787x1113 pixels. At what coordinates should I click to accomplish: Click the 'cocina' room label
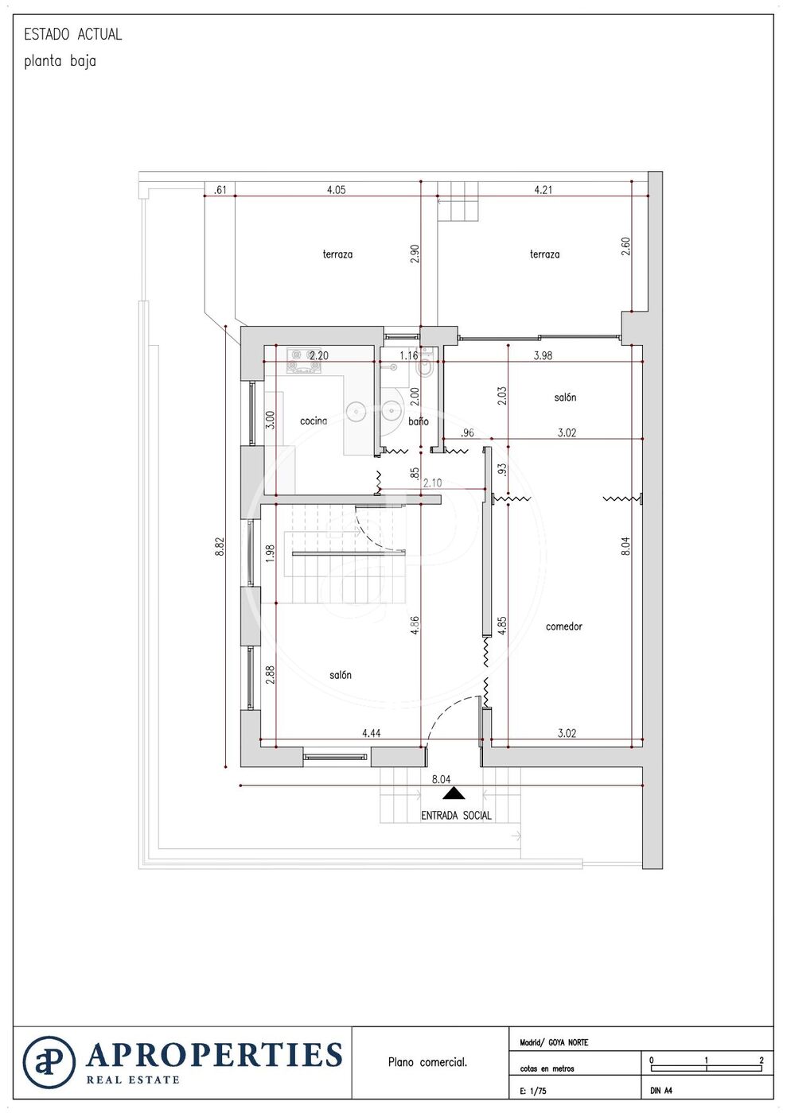(314, 421)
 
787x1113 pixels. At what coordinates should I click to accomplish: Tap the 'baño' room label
(419, 421)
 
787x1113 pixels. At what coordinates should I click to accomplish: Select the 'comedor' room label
(563, 626)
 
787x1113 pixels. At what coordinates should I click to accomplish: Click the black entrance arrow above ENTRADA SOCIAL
(454, 793)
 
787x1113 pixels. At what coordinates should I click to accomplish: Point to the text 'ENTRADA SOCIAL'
(456, 816)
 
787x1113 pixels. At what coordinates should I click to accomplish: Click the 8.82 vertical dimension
(220, 547)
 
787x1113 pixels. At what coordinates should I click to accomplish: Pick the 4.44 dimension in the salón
(372, 733)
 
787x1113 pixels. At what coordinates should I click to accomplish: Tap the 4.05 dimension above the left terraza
(336, 190)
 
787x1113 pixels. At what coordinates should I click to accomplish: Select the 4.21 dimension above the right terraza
(543, 190)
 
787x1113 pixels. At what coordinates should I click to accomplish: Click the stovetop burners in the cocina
(304, 361)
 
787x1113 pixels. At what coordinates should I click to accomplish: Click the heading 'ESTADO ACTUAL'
(72, 34)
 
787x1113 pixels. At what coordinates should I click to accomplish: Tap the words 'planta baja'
(60, 62)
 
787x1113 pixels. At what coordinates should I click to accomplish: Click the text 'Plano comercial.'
(427, 1062)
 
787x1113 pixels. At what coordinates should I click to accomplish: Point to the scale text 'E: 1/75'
(533, 1091)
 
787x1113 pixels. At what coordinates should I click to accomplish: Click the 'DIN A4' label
(661, 1091)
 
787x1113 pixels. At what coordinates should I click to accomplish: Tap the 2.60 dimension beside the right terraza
(625, 246)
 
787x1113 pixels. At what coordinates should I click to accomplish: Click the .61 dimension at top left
(220, 190)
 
